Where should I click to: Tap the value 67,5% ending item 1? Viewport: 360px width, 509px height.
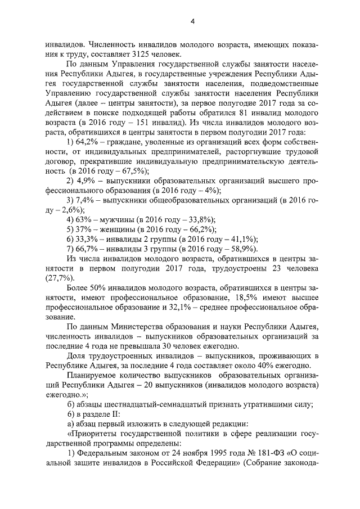pos(130,172)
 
